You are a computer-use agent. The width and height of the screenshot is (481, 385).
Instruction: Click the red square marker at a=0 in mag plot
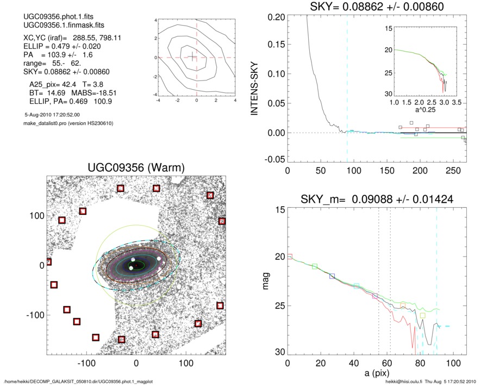tap(290, 256)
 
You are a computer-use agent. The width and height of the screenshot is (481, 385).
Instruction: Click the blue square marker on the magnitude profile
tap(332, 276)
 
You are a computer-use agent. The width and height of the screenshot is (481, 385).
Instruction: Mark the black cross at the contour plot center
tap(192, 57)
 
